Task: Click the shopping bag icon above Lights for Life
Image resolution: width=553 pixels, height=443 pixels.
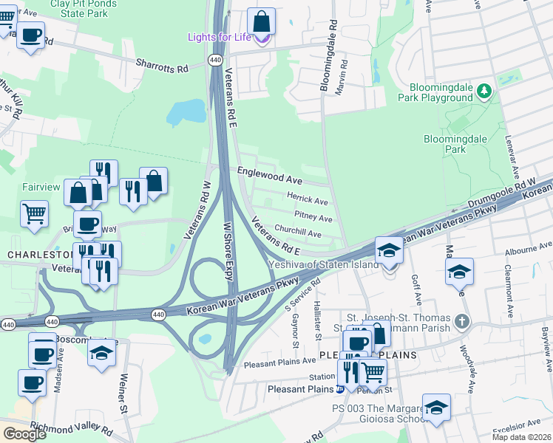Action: (261, 21)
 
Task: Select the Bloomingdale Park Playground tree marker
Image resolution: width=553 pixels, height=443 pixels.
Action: (484, 91)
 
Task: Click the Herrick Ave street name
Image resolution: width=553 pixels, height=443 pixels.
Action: (308, 201)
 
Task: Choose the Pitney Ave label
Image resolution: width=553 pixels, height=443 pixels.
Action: (313, 218)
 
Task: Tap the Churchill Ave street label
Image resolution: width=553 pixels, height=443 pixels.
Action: (297, 233)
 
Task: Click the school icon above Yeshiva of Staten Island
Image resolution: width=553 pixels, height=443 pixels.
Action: (389, 250)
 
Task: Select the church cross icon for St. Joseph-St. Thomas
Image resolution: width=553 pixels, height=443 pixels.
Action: (462, 321)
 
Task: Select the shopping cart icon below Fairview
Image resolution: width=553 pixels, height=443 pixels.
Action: (35, 213)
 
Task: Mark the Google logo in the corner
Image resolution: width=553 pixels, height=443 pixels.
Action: (24, 433)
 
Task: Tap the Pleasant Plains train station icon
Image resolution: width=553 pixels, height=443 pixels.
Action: (339, 389)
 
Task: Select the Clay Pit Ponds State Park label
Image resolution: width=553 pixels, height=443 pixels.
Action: (84, 9)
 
